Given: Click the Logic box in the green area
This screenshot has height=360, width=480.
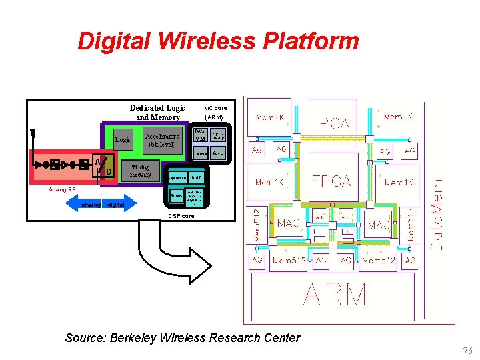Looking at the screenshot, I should (123, 140).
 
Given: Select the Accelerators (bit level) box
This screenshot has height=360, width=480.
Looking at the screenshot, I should (163, 140).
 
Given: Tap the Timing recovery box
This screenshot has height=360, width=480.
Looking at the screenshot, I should (141, 171).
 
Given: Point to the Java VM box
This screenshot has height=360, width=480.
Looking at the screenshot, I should (199, 135).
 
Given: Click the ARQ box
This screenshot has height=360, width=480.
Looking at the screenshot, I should (218, 153).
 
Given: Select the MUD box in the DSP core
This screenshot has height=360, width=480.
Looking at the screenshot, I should (197, 179).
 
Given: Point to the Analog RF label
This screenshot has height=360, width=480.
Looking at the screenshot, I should (61, 189).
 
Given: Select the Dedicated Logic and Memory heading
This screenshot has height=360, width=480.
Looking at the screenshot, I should (157, 113).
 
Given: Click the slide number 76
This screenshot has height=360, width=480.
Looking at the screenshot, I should (467, 351).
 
